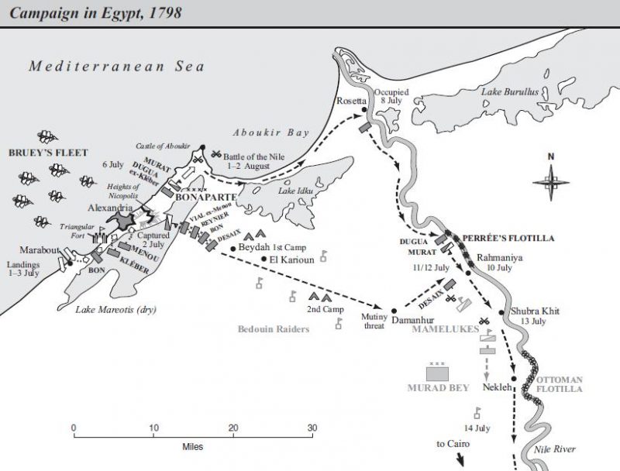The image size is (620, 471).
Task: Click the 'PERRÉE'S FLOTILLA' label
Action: click(x=508, y=239)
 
